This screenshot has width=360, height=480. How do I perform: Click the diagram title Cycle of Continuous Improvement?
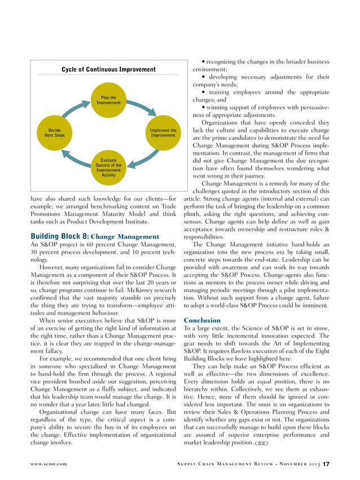click(109, 69)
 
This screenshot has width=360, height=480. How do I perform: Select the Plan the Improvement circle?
click(108, 100)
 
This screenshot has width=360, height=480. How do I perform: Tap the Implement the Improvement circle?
click(163, 133)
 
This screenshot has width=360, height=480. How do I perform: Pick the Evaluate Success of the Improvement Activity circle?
click(108, 168)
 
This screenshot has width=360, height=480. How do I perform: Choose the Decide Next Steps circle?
click(55, 133)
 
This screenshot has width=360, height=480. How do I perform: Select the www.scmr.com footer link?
click(47, 464)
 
